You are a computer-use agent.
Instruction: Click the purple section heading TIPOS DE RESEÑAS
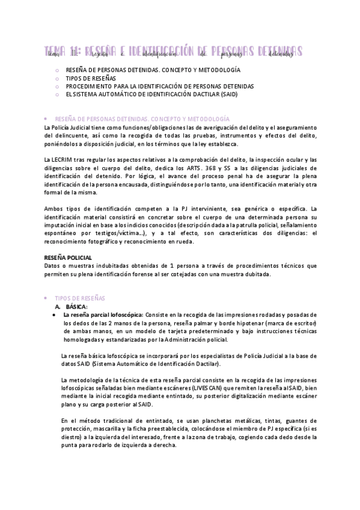80,298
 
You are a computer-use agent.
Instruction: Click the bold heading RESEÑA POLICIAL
68,257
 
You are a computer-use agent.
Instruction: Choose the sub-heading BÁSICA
77,306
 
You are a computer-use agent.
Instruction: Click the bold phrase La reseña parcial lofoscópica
103,315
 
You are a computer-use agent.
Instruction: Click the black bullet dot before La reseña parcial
55,315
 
